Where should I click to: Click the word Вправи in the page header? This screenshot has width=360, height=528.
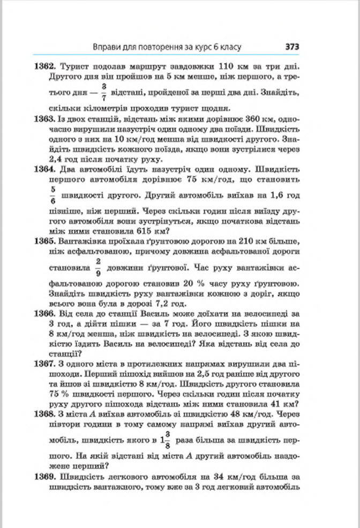click(105, 47)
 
